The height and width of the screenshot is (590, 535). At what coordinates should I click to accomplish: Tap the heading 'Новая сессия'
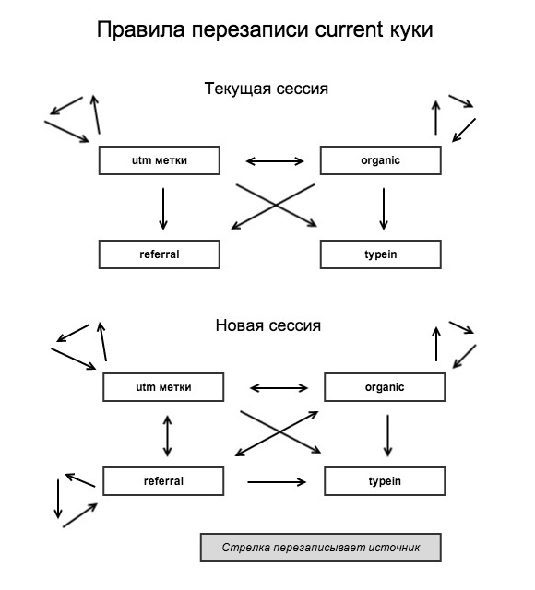[x=267, y=325]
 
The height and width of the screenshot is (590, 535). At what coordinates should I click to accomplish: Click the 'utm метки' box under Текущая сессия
[x=159, y=160]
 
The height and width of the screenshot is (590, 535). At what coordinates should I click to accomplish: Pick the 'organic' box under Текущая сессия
[x=380, y=160]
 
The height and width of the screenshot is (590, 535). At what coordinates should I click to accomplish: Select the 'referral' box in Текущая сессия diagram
[x=159, y=254]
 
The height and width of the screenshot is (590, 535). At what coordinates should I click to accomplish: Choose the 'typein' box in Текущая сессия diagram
[x=380, y=254]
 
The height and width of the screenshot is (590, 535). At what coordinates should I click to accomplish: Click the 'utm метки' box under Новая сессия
[x=163, y=387]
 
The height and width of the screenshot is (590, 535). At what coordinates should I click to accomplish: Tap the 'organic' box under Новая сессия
[x=385, y=387]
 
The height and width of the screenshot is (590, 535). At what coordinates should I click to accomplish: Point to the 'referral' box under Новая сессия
[x=163, y=481]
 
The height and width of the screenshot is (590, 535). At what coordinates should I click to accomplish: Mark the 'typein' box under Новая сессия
[x=385, y=481]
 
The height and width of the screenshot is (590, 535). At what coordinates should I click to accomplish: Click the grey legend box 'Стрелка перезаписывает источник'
[x=320, y=548]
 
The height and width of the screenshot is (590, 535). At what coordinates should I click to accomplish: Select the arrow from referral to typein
[x=276, y=481]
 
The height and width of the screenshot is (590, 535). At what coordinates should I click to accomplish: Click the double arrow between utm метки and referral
[x=167, y=435]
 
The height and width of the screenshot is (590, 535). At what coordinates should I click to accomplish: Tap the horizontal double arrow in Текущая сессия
[x=275, y=161]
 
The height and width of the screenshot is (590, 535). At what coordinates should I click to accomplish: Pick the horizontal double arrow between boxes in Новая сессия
[x=279, y=387]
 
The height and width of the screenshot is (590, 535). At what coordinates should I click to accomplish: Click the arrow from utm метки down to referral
[x=163, y=208]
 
